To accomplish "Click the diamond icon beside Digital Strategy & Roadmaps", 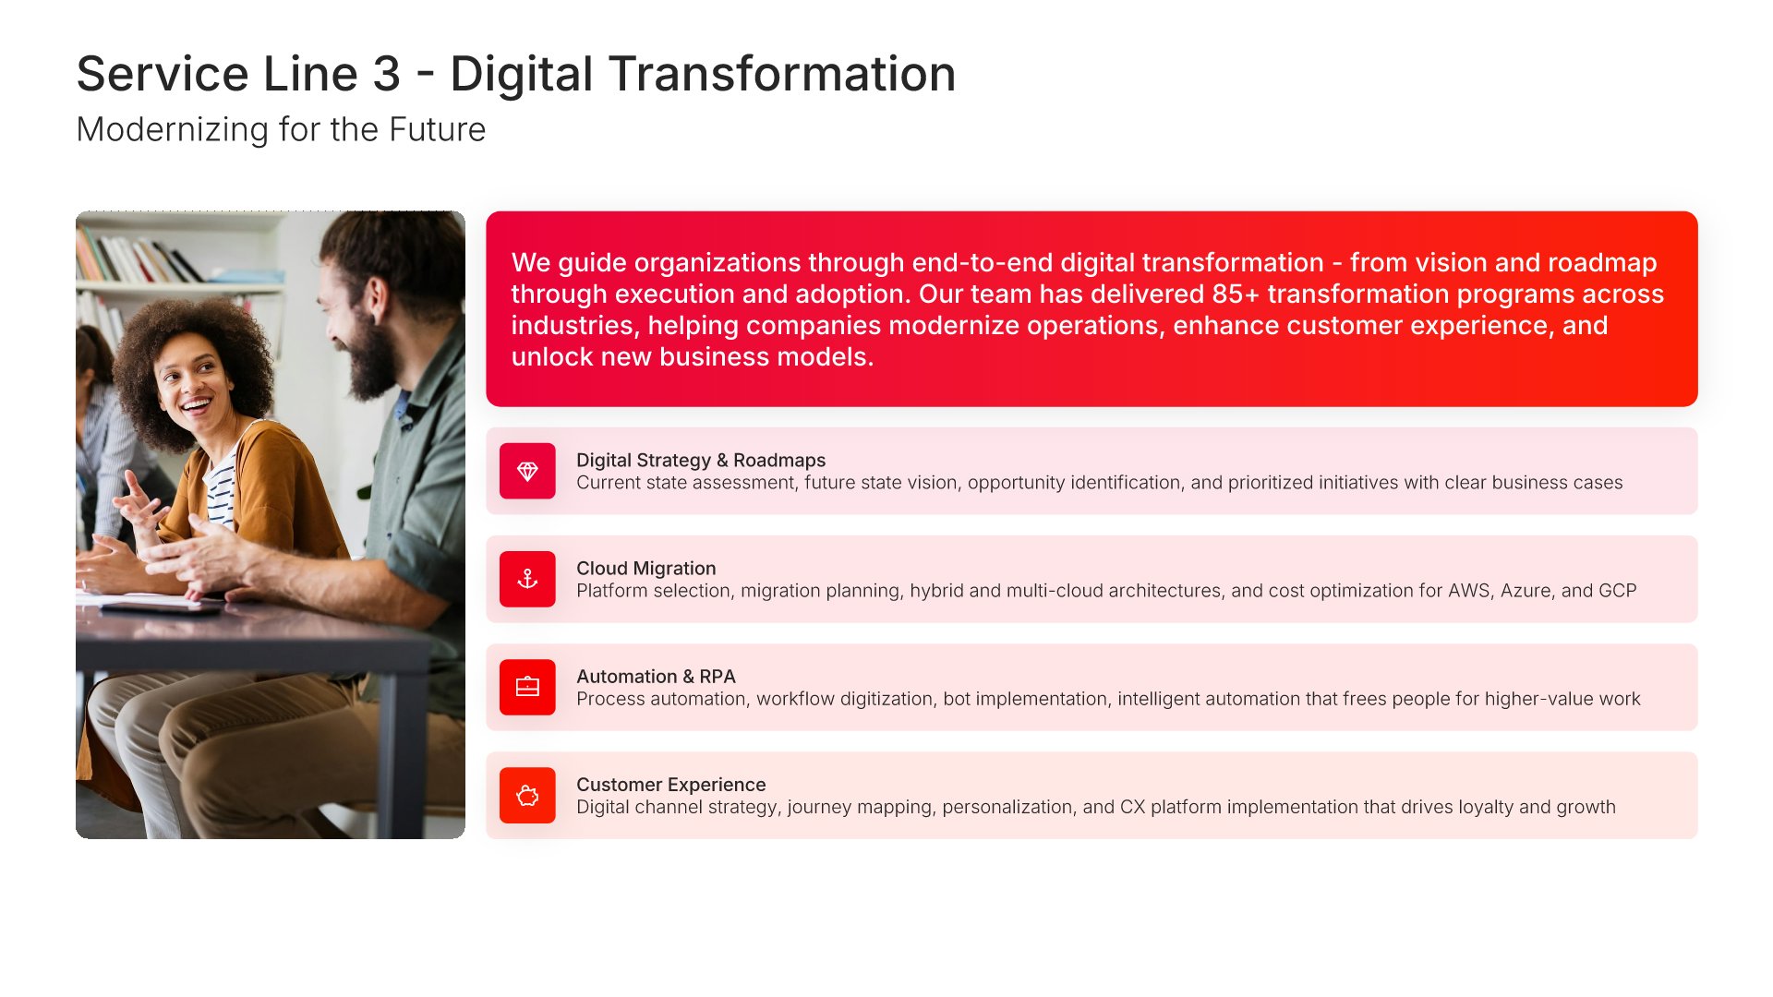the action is pyautogui.click(x=527, y=472).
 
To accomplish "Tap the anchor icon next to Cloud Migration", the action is pyautogui.click(x=527, y=579).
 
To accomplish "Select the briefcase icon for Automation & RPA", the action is pyautogui.click(x=527, y=687).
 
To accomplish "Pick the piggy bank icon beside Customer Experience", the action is pyautogui.click(x=527, y=795).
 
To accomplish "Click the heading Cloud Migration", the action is pyautogui.click(x=645, y=569).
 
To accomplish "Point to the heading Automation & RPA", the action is pyautogui.click(x=656, y=677).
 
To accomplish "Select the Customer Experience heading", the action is pyautogui.click(x=670, y=785).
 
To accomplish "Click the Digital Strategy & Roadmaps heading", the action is pyautogui.click(x=701, y=460).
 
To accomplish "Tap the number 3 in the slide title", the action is pyautogui.click(x=386, y=74).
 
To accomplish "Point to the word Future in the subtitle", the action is pyautogui.click(x=437, y=130).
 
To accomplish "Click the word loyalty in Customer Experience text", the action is pyautogui.click(x=1485, y=808).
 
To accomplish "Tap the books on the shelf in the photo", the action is pyautogui.click(x=139, y=255).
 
